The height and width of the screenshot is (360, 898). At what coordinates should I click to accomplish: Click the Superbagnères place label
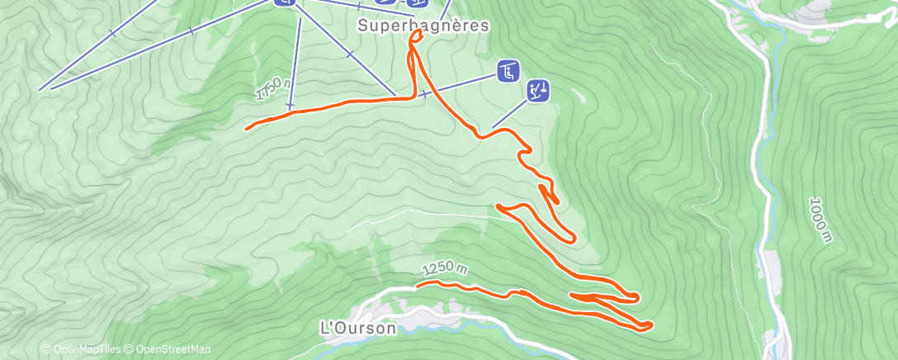click(423, 26)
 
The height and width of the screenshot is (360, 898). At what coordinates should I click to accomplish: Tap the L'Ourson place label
click(357, 328)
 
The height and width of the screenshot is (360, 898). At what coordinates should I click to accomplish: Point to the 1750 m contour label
click(273, 89)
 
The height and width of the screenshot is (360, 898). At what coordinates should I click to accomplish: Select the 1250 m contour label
click(444, 269)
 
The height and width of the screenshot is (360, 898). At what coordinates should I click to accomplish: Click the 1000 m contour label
click(819, 220)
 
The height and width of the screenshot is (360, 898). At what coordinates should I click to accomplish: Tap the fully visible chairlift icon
click(508, 72)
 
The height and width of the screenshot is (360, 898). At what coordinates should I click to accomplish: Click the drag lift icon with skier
click(538, 90)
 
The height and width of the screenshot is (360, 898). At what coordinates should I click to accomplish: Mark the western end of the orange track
click(247, 128)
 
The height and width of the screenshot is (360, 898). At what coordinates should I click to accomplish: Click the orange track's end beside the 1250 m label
click(418, 284)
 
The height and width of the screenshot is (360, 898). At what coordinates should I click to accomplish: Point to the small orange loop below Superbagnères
click(414, 36)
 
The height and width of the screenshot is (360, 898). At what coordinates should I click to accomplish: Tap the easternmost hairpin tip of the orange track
click(651, 325)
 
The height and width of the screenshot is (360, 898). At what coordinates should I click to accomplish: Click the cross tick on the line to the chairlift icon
click(424, 94)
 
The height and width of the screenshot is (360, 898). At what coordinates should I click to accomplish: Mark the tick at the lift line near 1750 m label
click(290, 106)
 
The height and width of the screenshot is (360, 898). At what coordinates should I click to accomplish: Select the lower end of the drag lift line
click(494, 127)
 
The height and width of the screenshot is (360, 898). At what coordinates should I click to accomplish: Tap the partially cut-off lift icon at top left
click(285, 2)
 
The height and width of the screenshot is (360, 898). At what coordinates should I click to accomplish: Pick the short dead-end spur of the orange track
click(557, 201)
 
